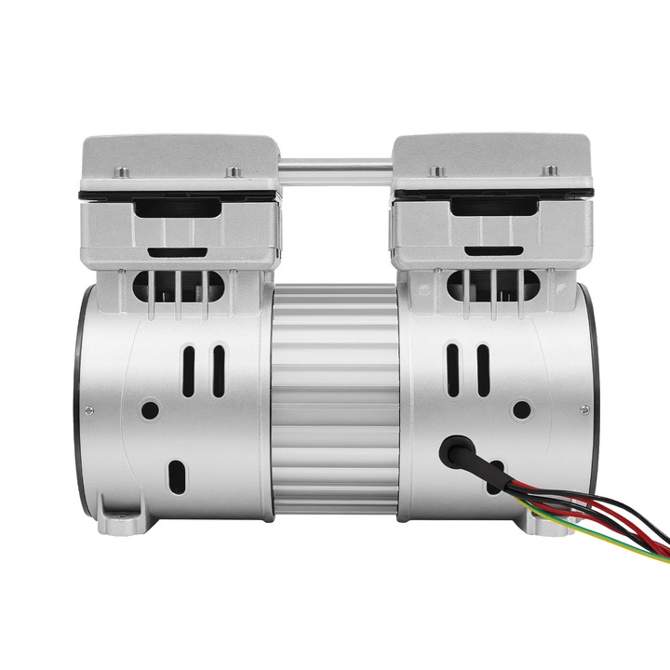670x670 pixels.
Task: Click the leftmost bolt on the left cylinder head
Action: [x=120, y=170]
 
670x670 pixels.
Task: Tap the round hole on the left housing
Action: [x=148, y=409]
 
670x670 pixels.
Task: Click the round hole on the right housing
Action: [x=522, y=409]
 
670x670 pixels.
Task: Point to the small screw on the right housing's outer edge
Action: [x=585, y=409]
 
